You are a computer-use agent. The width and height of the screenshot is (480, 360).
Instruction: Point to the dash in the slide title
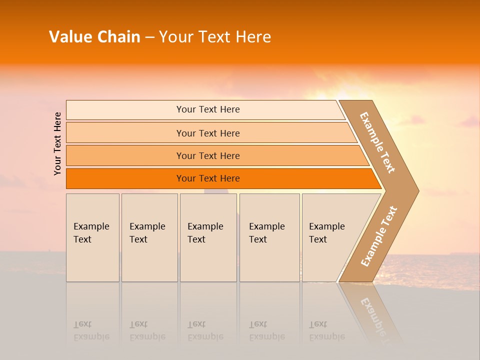pyautogui.click(x=149, y=37)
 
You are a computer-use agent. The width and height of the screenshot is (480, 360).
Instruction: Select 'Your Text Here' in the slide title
pyautogui.click(x=214, y=37)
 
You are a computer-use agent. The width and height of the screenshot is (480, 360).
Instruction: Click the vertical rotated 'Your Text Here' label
pyautogui.click(x=57, y=143)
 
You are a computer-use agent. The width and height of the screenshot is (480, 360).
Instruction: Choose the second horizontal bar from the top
pyautogui.click(x=207, y=133)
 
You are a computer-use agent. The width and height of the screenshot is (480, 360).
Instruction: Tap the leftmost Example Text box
pyautogui.click(x=92, y=237)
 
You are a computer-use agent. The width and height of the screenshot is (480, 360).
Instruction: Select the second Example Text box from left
pyautogui.click(x=149, y=237)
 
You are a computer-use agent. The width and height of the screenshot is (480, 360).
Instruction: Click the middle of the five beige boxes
pyautogui.click(x=208, y=237)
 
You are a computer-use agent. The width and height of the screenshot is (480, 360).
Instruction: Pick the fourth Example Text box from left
pyautogui.click(x=269, y=237)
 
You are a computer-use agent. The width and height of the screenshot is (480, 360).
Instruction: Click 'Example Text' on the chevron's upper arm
pyautogui.click(x=377, y=142)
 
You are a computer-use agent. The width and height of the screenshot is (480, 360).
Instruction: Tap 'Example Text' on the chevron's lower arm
pyautogui.click(x=379, y=236)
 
